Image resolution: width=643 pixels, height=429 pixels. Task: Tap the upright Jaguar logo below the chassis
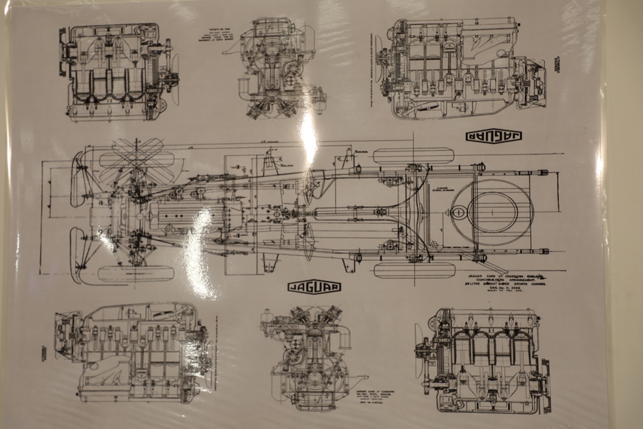point(314,287)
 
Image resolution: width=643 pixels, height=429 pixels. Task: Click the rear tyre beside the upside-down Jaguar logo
point(414,155)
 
